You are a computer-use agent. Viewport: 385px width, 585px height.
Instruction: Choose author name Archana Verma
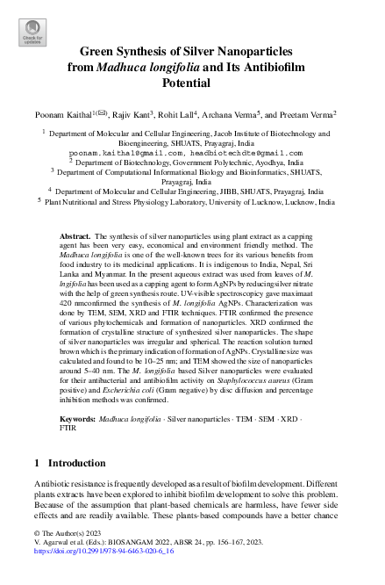click(x=249, y=113)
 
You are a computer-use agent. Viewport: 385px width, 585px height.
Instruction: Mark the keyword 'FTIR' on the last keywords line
click(x=68, y=430)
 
